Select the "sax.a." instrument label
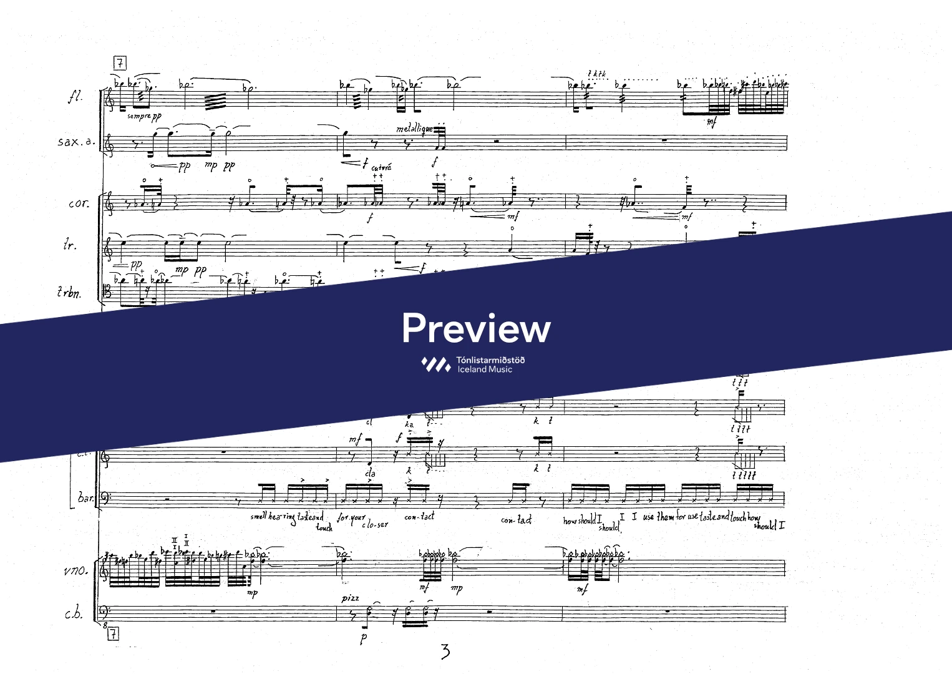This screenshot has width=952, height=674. click(77, 142)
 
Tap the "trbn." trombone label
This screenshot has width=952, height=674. click(69, 292)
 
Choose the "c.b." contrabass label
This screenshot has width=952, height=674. click(74, 613)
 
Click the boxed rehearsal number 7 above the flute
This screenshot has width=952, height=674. click(120, 63)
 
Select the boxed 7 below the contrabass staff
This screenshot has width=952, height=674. click(113, 635)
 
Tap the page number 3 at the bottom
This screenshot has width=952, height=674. click(445, 652)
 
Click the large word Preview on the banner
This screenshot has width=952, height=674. click(476, 328)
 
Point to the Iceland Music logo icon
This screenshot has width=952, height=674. click(436, 364)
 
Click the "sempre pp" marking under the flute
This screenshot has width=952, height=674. click(143, 116)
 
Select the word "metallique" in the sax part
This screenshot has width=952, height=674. click(414, 129)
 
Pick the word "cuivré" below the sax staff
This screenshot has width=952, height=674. click(381, 167)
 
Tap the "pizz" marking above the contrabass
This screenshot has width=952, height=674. click(351, 598)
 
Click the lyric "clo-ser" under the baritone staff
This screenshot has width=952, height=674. click(374, 524)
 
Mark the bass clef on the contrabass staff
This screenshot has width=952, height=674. click(105, 612)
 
